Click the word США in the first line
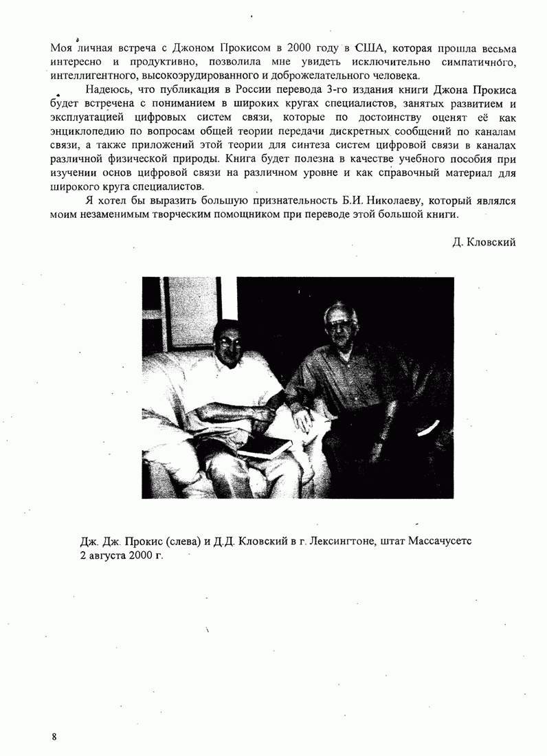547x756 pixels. pyautogui.click(x=369, y=49)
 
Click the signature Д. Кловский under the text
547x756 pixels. pyautogui.click(x=484, y=242)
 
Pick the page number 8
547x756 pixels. pyautogui.click(x=54, y=736)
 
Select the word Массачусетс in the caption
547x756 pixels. pyautogui.click(x=439, y=541)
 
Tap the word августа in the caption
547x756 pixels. pyautogui.click(x=108, y=555)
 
